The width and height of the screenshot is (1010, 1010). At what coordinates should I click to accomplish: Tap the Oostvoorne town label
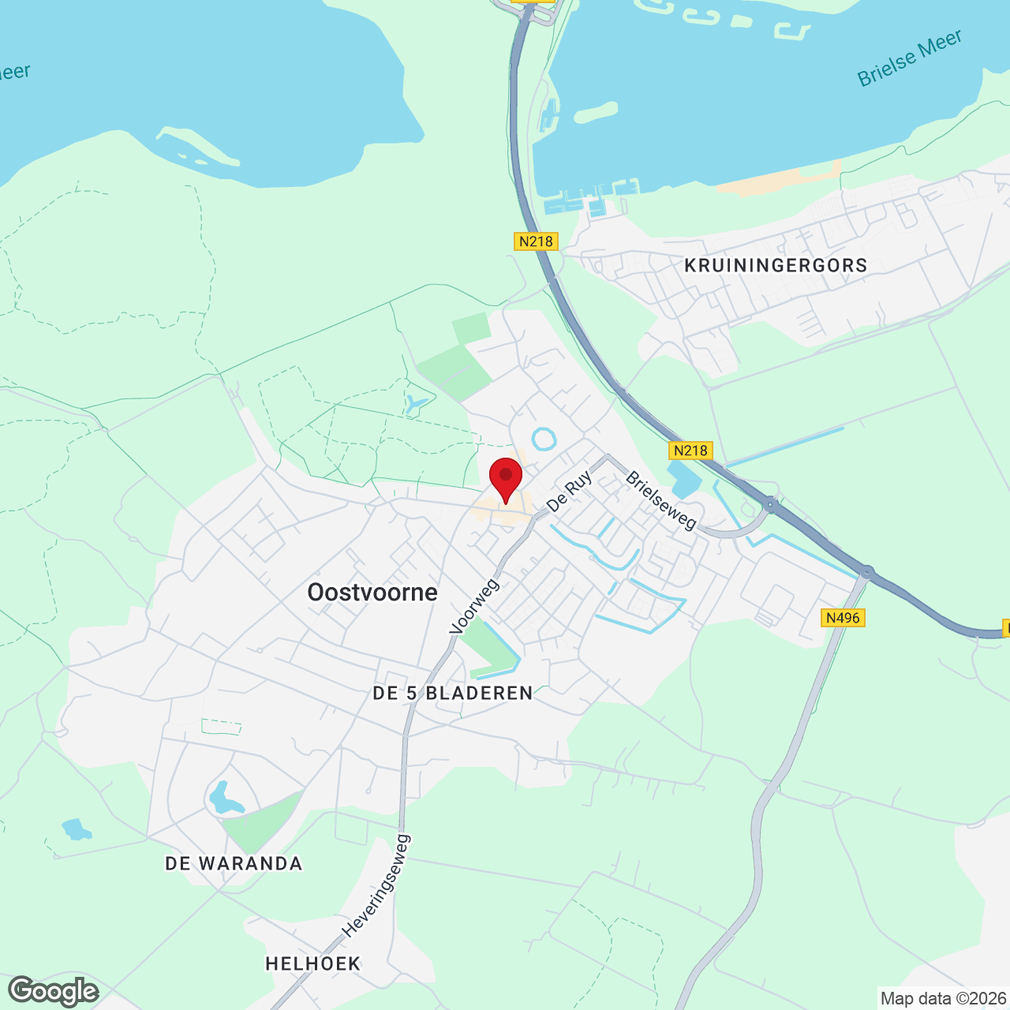click(372, 593)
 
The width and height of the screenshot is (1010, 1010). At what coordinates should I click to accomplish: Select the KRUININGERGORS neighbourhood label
click(776, 265)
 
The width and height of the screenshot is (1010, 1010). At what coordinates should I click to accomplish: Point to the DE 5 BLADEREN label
click(453, 693)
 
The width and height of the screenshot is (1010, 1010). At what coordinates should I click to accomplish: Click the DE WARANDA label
click(234, 863)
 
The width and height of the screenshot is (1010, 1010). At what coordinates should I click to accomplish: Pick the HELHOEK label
click(313, 963)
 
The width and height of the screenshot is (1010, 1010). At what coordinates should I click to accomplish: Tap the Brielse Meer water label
click(910, 58)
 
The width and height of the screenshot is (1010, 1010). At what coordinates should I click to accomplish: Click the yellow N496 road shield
click(843, 617)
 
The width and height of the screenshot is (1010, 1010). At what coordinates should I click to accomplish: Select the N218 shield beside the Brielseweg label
click(690, 451)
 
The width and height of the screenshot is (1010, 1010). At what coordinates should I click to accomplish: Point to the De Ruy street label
click(569, 492)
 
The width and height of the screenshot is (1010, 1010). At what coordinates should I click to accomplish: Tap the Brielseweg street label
click(661, 501)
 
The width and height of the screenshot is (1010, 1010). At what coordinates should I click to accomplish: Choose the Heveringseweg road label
click(376, 886)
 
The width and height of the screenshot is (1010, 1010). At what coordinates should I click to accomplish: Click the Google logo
click(54, 991)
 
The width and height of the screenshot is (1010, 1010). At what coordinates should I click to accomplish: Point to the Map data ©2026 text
click(943, 999)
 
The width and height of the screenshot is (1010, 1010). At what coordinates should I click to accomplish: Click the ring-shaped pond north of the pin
click(544, 439)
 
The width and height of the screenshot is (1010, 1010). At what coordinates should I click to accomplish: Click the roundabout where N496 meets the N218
click(867, 571)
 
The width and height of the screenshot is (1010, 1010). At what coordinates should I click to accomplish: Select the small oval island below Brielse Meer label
click(596, 112)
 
